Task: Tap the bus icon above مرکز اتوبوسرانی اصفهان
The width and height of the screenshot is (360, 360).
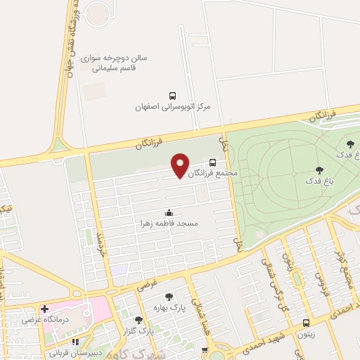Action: coord(172,96)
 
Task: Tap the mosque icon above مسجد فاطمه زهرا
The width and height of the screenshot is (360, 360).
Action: coord(169,212)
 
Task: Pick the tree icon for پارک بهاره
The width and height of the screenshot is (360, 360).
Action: coord(168,297)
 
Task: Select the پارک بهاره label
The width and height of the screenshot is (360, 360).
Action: coord(167,309)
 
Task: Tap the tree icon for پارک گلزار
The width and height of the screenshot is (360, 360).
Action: coord(139,320)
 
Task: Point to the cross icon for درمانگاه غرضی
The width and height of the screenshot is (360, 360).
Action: coord(45,309)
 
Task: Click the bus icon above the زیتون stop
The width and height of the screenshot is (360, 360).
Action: coord(305,323)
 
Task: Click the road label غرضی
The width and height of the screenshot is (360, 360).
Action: coord(146,284)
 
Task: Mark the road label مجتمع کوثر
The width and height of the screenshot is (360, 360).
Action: coord(341,268)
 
